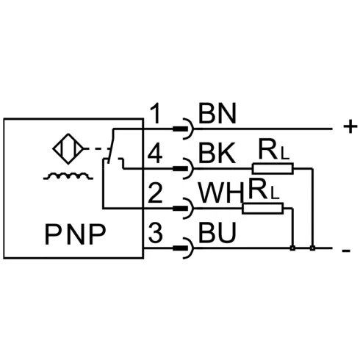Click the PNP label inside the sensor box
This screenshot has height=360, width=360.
(x=75, y=234)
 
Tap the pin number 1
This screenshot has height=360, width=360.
(x=155, y=113)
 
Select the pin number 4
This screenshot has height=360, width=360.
(x=155, y=154)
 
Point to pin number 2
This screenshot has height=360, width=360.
(x=155, y=193)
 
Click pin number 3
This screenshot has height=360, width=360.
(x=155, y=233)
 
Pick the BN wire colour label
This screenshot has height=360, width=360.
(x=217, y=113)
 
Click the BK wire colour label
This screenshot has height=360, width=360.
(x=217, y=154)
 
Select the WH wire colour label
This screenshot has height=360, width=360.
(x=221, y=193)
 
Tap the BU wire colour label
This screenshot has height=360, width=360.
(x=217, y=233)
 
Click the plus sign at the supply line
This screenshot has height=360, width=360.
(x=350, y=126)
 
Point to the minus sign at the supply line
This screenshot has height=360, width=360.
(x=346, y=251)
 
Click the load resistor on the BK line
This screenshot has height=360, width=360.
(x=273, y=168)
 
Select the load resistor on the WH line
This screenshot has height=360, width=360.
(x=262, y=209)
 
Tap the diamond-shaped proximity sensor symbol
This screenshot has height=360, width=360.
(x=68, y=148)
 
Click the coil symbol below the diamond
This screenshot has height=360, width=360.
(x=68, y=176)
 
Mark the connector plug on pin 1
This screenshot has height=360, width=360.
(x=183, y=129)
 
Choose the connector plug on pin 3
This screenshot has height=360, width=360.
(x=183, y=248)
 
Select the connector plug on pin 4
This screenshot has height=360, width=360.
(x=183, y=168)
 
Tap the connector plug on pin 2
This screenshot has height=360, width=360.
(x=183, y=209)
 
